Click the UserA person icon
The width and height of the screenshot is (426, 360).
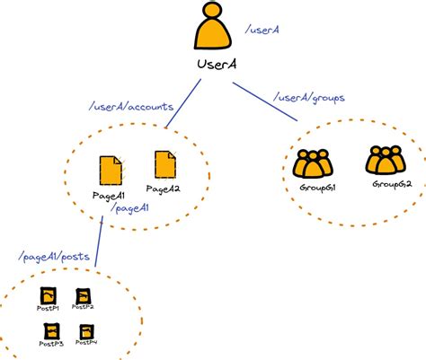tap(212, 28)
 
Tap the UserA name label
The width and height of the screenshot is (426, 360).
tap(217, 65)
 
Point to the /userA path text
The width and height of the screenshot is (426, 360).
tap(262, 31)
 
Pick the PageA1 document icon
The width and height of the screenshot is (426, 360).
tap(110, 171)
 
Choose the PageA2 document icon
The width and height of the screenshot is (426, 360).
tap(165, 164)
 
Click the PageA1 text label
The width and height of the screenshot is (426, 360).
tap(108, 195)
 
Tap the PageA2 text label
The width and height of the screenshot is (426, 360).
tap(164, 189)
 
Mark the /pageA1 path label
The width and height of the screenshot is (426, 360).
tap(129, 208)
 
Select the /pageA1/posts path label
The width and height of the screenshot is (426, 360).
tap(53, 258)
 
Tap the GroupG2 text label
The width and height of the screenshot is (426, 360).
tap(392, 184)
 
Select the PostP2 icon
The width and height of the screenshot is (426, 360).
tap(83, 295)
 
